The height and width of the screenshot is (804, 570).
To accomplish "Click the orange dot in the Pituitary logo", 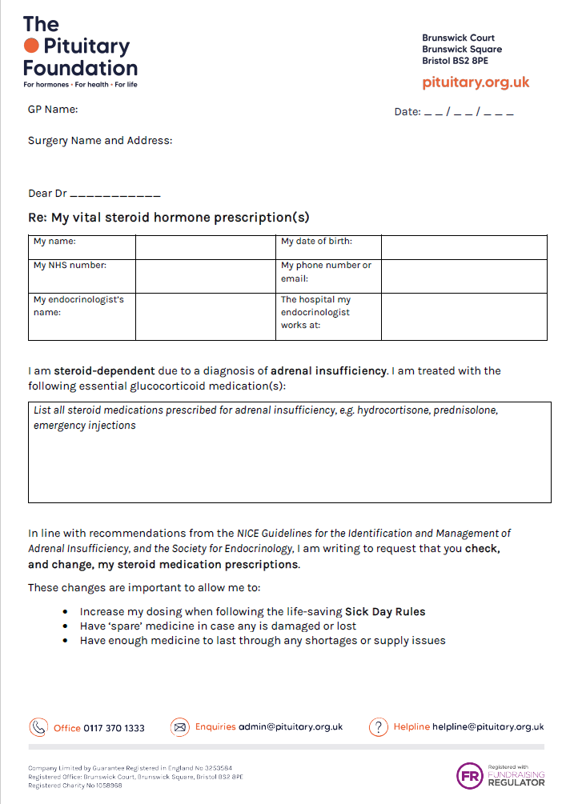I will coord(31,46).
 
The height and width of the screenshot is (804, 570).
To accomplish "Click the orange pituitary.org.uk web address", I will coord(476,82).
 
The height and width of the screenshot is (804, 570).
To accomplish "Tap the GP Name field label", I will coord(53,109).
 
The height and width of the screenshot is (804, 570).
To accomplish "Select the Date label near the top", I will coord(407,112).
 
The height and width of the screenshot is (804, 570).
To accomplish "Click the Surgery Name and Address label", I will coord(100,141).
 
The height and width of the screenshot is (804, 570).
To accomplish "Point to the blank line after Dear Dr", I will coord(115,195).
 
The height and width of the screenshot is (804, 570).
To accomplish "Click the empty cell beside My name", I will coord(205,246).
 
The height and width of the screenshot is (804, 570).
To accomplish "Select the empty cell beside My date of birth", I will coord(464,246).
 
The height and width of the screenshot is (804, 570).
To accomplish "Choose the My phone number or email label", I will coord(326,272).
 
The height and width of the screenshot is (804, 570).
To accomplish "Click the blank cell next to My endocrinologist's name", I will coord(205,316).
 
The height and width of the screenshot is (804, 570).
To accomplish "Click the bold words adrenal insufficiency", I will coord(328,371).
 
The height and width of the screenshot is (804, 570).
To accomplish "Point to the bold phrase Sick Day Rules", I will coord(385,612).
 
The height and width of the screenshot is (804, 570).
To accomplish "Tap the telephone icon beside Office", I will coord(38,727).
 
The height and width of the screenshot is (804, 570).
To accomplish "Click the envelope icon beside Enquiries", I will coord(179,727).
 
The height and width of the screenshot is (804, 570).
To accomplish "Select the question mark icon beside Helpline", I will coord(378,727).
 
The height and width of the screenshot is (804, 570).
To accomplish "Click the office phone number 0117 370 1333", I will coord(114,728).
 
